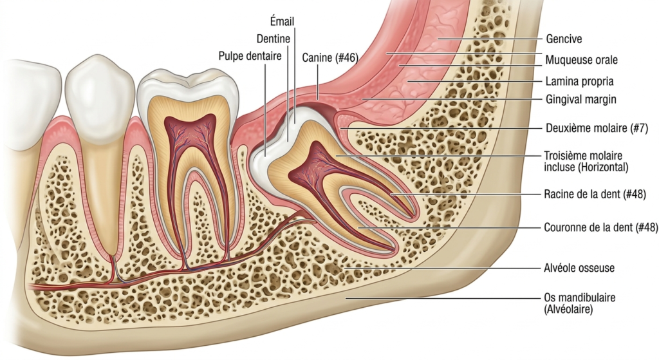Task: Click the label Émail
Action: pyautogui.click(x=282, y=21)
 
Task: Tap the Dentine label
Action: pyautogui.click(x=273, y=39)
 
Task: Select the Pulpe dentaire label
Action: pyautogui.click(x=250, y=56)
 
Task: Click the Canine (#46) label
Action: pyautogui.click(x=330, y=57)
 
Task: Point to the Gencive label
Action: pyautogui.click(x=564, y=39)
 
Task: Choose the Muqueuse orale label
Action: pyautogui.click(x=582, y=60)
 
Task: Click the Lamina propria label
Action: pyautogui.click(x=580, y=81)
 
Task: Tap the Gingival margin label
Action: pyautogui.click(x=581, y=100)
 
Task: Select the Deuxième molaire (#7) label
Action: pyautogui.click(x=597, y=128)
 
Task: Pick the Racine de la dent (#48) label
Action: pyautogui.click(x=595, y=194)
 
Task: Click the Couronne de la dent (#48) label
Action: pyautogui.click(x=601, y=227)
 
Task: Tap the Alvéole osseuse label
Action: pyautogui.click(x=579, y=268)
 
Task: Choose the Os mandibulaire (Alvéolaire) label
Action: pyautogui.click(x=580, y=303)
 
